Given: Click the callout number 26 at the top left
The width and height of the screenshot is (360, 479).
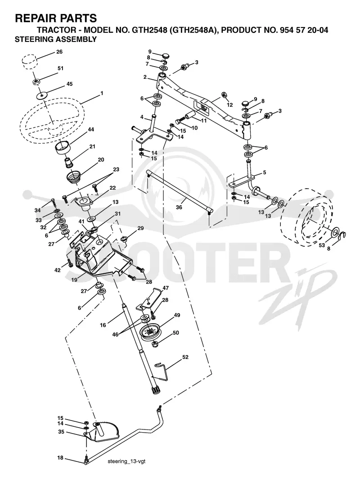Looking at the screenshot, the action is [59, 52].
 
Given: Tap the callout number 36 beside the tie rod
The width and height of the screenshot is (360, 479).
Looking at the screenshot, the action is [179, 207].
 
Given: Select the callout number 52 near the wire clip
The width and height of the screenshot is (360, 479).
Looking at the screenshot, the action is [185, 357].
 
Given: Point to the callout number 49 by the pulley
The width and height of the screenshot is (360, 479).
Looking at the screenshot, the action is [177, 315].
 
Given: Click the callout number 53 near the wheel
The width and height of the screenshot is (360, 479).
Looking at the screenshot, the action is [322, 245].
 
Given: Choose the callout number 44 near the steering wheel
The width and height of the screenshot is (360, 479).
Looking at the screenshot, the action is [91, 130].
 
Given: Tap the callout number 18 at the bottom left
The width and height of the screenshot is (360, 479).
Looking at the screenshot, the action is [60, 457].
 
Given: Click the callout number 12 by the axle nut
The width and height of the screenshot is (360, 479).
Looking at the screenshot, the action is [229, 105].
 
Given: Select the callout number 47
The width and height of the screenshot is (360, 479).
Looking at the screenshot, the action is [166, 288].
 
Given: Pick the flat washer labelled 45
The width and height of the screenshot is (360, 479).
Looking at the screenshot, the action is [41, 95].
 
